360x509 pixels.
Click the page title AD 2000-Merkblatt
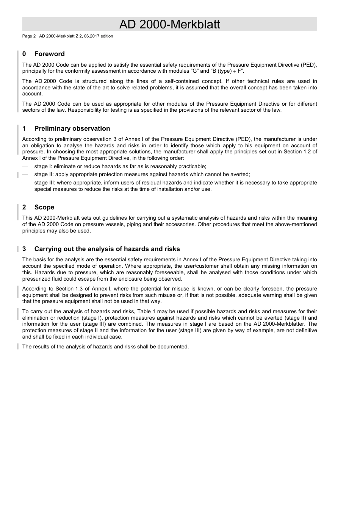pyautogui.click(x=169, y=24)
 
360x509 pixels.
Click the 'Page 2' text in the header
pyautogui.click(x=29, y=36)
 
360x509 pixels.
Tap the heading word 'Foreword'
pyautogui.click(x=49, y=54)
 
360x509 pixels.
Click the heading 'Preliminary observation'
pyautogui.click(x=72, y=128)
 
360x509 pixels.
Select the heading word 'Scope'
pyautogui.click(x=44, y=207)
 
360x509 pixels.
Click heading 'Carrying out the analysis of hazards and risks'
pyautogui.click(x=107, y=249)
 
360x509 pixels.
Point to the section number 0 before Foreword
pyautogui.click(x=24, y=54)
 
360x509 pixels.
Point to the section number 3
pyautogui.click(x=24, y=249)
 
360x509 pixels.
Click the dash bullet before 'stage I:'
pyautogui.click(x=25, y=167)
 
